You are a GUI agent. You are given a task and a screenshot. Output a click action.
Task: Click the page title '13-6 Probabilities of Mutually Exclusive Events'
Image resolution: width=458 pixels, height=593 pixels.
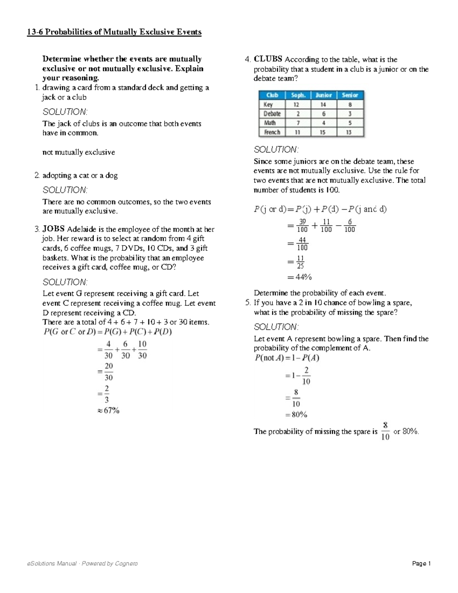point(114,32)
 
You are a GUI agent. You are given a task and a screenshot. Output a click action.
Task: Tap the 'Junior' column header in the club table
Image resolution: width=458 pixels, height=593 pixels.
point(324,95)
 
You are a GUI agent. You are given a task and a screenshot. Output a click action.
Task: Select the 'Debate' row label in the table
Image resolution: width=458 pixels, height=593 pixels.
point(272,113)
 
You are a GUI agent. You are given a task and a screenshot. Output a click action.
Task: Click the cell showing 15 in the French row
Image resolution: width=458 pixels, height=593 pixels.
point(324,132)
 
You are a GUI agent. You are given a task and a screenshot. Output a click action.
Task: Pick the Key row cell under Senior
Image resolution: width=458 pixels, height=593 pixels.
point(350,104)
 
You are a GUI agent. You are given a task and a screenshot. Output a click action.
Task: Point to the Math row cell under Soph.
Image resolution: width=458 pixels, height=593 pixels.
point(298,123)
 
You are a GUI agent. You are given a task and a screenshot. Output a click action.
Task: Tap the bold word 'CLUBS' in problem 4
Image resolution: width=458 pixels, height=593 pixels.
point(268,59)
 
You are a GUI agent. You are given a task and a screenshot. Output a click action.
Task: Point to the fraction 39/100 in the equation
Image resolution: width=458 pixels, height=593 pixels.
point(302,226)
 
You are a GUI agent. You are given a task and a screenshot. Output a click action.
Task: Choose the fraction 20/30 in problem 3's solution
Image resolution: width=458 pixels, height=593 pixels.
point(109,372)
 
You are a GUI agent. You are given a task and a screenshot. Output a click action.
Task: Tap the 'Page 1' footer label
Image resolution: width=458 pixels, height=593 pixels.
point(421,564)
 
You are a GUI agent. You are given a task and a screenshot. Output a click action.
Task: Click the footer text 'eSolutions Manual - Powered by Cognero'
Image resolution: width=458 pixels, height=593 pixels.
point(82,564)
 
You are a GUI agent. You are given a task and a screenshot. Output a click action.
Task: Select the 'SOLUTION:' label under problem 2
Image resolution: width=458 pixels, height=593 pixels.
point(65,190)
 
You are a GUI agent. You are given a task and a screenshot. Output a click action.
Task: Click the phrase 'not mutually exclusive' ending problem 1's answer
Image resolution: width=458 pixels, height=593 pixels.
point(79,152)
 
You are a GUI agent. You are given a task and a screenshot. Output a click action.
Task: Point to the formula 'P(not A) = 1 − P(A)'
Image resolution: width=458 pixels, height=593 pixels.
point(287,358)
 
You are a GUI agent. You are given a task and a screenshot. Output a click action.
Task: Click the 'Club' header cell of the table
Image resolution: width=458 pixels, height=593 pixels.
point(272,95)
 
